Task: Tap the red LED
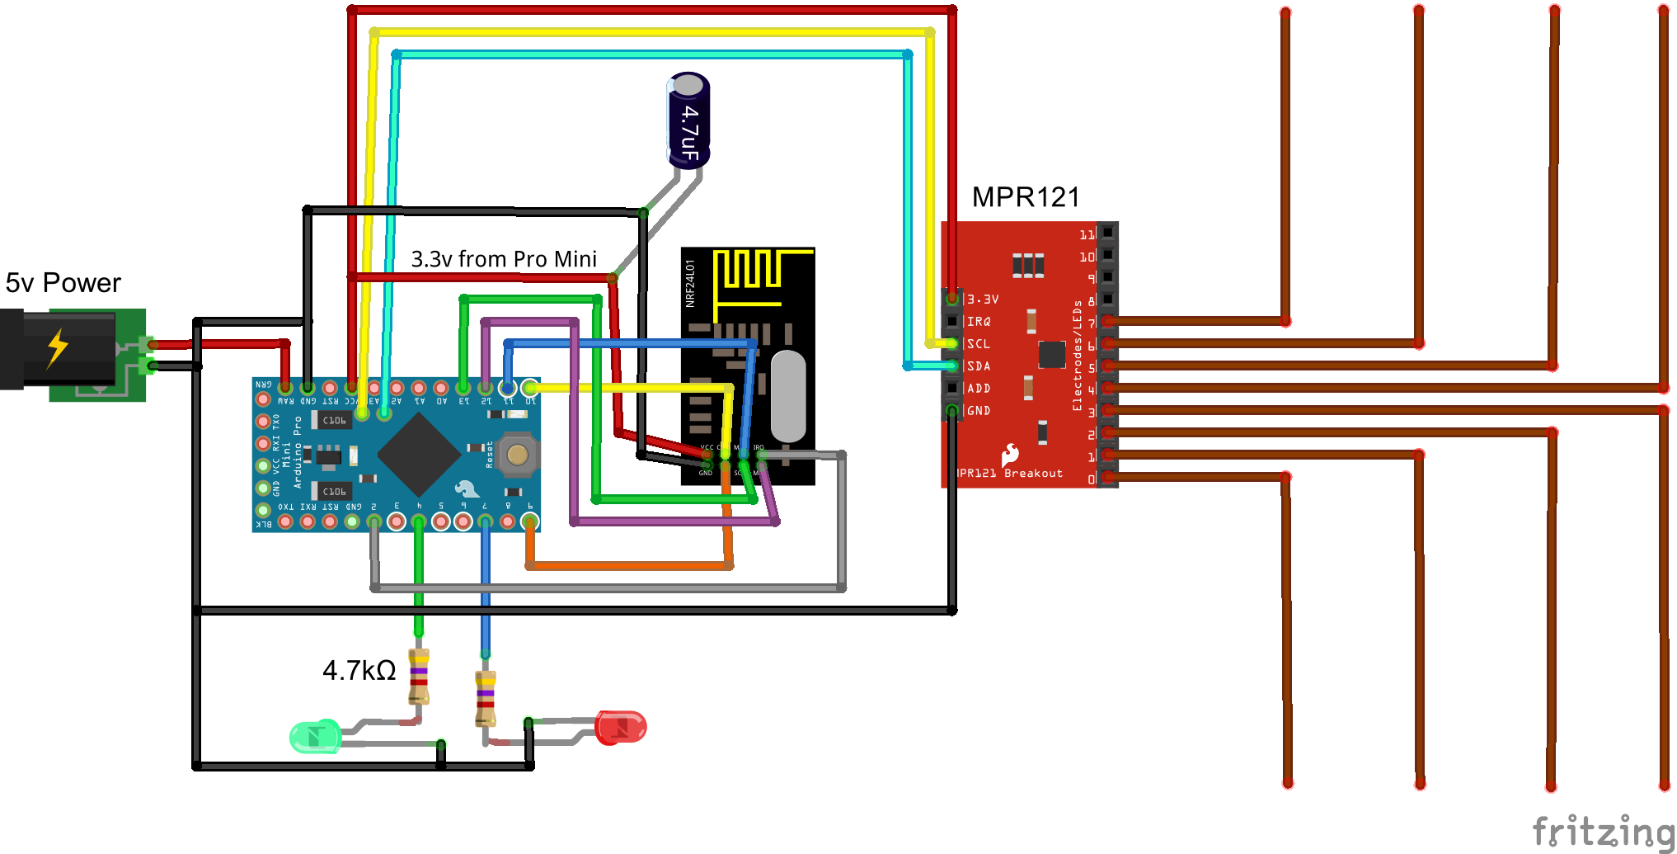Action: point(621,727)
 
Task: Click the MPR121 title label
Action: point(1025,197)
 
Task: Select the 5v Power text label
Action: point(63,283)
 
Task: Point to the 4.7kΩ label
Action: point(359,670)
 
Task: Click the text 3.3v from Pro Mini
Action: point(504,259)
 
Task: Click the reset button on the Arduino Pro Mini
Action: point(518,455)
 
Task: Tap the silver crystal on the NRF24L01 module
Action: point(787,396)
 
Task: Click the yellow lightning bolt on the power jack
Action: point(58,347)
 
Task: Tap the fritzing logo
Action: point(1603,831)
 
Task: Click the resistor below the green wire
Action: point(419,676)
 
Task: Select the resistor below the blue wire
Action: point(486,698)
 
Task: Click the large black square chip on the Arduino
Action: point(419,454)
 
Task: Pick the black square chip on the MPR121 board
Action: point(1052,354)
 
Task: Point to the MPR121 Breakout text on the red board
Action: point(1010,474)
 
